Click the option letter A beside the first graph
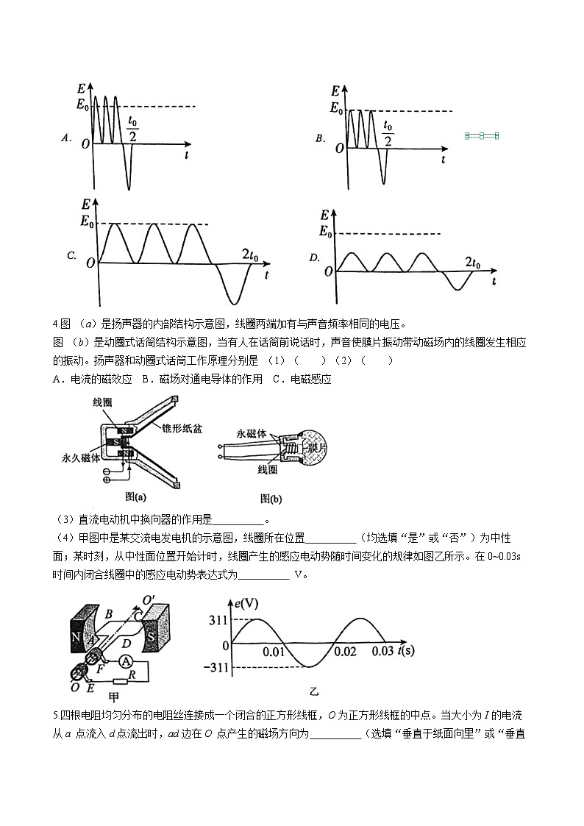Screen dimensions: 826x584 (x=65, y=138)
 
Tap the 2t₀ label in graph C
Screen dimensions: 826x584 (x=250, y=255)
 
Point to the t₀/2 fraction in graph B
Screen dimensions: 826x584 (x=388, y=134)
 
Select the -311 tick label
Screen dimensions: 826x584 (x=216, y=668)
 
